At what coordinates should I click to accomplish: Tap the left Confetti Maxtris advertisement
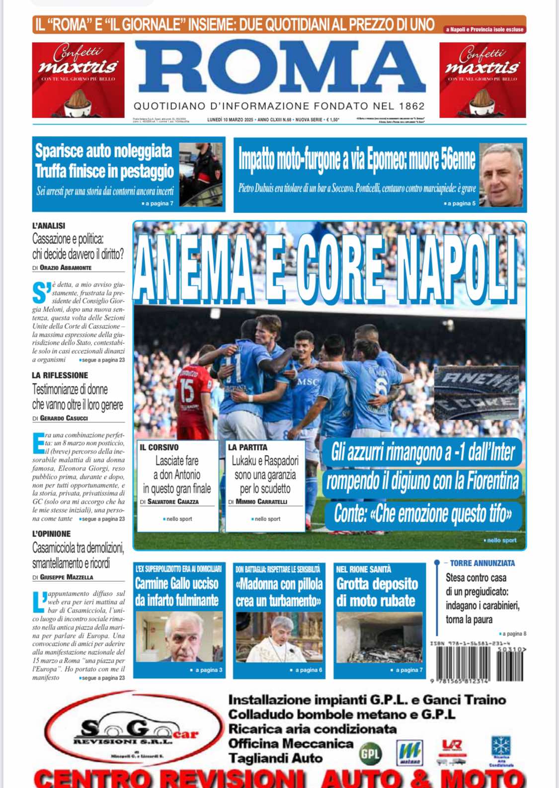tap(78, 80)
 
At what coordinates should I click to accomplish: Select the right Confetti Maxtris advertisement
tap(482, 80)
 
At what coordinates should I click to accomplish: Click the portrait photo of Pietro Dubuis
tap(501, 175)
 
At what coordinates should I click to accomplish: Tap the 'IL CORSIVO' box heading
tap(159, 447)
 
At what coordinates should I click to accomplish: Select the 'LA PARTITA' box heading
tap(247, 447)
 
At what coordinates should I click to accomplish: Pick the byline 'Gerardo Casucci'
tap(64, 418)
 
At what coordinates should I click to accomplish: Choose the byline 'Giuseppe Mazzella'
tap(66, 577)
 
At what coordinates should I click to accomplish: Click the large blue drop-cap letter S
tap(41, 293)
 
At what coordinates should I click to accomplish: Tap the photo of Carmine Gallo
tap(179, 637)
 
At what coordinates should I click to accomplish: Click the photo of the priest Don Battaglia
tap(278, 637)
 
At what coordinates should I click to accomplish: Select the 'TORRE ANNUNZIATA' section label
tap(482, 563)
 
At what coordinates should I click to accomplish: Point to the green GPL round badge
tap(371, 754)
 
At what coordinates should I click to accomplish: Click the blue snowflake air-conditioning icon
tap(501, 746)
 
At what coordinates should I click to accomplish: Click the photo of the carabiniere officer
tap(201, 174)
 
